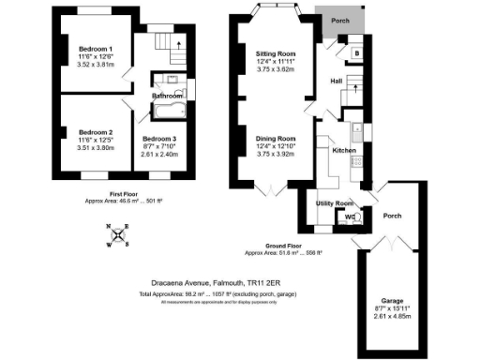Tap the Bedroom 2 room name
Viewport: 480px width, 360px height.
coord(96,131)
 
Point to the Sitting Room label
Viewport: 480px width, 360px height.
coord(276,54)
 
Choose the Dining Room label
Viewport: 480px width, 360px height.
coord(276,139)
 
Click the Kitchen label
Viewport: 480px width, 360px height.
coord(344,150)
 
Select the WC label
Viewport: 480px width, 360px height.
coord(350,217)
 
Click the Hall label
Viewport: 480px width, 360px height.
coord(336,82)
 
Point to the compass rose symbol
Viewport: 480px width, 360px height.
coord(119,235)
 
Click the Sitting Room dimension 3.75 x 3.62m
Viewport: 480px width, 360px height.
coord(276,70)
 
